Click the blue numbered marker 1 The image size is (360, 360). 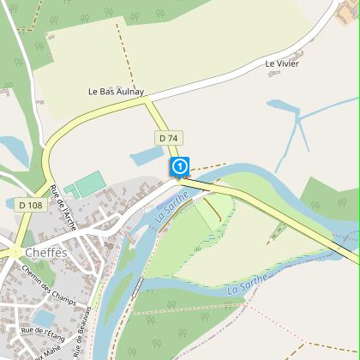[180, 165]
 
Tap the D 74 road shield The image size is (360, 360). [168, 138]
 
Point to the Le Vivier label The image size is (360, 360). [282, 64]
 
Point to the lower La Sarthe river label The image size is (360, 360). [249, 285]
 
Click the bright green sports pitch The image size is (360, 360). [87, 185]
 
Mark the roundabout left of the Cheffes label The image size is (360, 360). [15, 252]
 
